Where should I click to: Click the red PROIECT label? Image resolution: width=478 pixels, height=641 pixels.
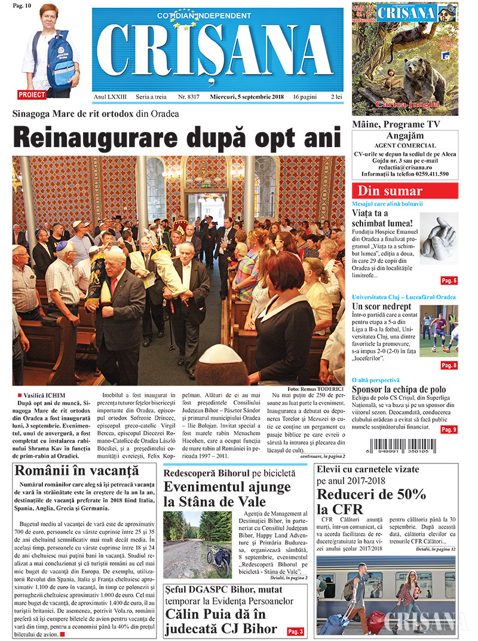pos(32,94)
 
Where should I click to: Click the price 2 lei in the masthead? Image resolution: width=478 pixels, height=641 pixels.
pos(337,96)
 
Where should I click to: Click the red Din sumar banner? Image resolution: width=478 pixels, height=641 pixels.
pos(405,191)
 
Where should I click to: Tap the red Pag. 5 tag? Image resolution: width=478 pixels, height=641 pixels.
pos(449,280)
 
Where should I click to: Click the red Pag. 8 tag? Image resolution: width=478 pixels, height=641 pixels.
pos(449,365)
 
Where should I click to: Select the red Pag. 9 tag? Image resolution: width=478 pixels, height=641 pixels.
pos(449,429)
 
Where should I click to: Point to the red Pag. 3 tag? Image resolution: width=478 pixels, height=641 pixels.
pos(296,631)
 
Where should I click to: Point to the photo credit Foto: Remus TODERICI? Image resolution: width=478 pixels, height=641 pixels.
pos(316,389)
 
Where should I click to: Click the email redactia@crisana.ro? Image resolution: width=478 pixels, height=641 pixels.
pos(405,167)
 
